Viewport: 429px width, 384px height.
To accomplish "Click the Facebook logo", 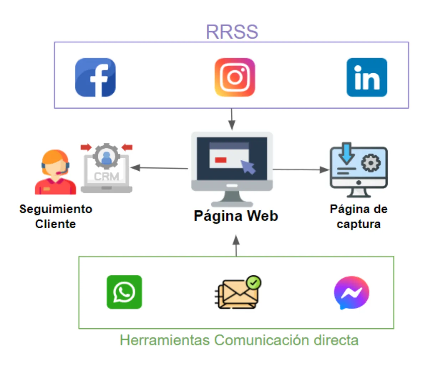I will [95, 78].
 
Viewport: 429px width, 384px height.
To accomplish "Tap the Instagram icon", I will [235, 78].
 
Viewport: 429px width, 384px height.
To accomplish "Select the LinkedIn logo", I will [367, 78].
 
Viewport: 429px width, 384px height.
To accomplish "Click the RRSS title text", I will [232, 32].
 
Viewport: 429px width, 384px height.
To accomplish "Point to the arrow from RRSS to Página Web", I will [232, 119].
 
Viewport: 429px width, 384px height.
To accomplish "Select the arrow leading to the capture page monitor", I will [301, 170].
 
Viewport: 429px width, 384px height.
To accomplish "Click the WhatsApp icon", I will [124, 292].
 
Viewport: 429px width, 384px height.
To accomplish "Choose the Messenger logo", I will [351, 293].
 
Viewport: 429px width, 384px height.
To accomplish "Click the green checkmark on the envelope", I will [254, 283].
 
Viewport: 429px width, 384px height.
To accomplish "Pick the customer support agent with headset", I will [55, 172].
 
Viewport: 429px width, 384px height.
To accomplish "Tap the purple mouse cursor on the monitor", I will [248, 166].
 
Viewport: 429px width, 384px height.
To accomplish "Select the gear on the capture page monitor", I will [371, 163].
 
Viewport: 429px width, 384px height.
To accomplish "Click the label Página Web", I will [236, 216].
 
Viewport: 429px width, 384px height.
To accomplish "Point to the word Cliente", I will [56, 224].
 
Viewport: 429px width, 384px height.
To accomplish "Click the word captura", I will [358, 224].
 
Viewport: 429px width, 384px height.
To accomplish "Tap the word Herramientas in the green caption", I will [165, 340].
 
